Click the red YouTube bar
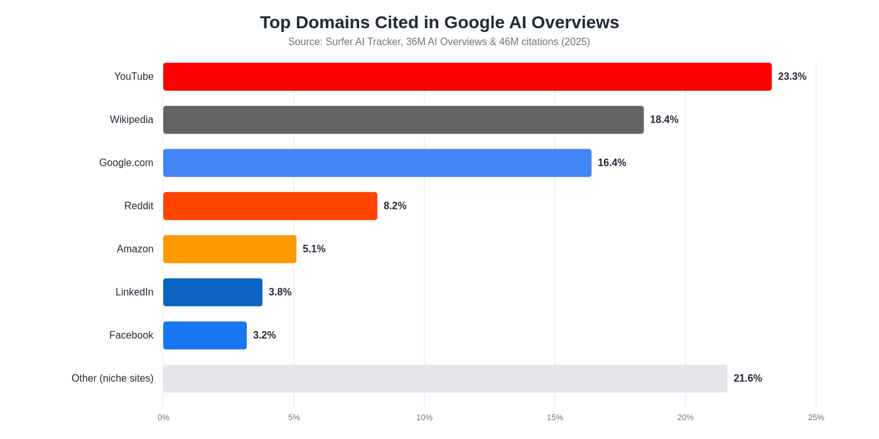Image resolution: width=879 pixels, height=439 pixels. point(467,77)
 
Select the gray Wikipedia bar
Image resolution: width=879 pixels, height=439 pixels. point(403,120)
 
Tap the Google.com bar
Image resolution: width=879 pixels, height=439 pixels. point(377,163)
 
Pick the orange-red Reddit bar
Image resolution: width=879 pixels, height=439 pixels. point(270,206)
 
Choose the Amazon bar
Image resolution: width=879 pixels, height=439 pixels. point(229,249)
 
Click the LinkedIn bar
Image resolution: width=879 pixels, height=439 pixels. point(212,292)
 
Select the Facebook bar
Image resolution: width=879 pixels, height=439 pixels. point(205,336)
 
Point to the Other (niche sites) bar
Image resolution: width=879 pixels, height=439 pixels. point(445,379)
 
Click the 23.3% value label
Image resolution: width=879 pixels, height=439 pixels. point(792,77)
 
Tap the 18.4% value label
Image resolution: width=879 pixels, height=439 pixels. point(664,120)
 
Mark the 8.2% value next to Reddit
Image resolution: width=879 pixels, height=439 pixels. point(395,206)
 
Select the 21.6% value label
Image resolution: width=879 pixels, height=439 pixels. point(747,379)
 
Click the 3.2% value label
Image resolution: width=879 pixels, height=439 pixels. point(264,336)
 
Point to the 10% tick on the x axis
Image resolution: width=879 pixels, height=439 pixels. point(424,418)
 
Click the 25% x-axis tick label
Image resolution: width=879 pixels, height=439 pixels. point(816,418)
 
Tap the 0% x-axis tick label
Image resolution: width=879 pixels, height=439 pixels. point(163,418)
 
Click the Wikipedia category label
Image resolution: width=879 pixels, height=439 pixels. point(131,120)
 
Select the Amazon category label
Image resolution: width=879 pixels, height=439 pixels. point(135,249)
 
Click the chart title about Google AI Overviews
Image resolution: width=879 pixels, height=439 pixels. point(439,23)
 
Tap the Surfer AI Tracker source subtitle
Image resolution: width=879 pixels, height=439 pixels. point(439,42)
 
